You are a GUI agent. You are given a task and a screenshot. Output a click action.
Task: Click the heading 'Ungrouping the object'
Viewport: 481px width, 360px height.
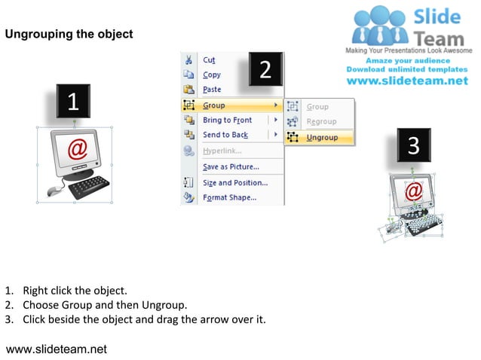tap(69, 34)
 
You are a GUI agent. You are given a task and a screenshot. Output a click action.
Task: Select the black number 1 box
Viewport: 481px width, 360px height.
tap(73, 102)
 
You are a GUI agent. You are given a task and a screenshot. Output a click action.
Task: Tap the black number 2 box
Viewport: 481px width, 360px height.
tap(265, 69)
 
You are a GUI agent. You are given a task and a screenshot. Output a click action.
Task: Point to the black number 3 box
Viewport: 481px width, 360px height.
tap(413, 145)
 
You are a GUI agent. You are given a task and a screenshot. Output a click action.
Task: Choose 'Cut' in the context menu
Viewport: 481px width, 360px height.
tap(209, 60)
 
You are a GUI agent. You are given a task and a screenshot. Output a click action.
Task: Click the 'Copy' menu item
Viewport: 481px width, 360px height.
tap(211, 75)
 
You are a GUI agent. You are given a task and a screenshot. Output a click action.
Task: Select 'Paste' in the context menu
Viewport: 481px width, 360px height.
tap(212, 90)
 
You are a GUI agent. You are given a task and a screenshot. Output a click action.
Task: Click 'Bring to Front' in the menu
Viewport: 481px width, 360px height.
tap(227, 121)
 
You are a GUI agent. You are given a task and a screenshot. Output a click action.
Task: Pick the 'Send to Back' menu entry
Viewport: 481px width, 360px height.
tap(225, 135)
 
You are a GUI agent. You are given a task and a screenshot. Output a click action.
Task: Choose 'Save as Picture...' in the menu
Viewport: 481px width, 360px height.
tap(231, 166)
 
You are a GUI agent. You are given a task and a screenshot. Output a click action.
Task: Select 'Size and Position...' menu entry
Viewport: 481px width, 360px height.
tap(234, 183)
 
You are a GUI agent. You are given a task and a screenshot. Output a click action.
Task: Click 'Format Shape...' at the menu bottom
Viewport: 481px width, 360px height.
tap(229, 198)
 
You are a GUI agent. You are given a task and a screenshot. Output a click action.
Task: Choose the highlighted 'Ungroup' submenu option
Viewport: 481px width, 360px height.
tap(322, 138)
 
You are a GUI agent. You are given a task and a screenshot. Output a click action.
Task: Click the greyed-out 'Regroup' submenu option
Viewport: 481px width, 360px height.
tap(321, 122)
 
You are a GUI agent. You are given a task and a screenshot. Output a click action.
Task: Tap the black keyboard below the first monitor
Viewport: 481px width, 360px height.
tap(90, 187)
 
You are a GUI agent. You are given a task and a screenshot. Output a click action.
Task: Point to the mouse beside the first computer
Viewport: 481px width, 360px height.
tap(54, 191)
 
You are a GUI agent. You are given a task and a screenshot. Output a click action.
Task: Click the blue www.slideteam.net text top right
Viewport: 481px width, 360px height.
tap(407, 81)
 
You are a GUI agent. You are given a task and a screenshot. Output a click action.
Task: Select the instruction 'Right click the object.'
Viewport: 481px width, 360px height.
tap(75, 290)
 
